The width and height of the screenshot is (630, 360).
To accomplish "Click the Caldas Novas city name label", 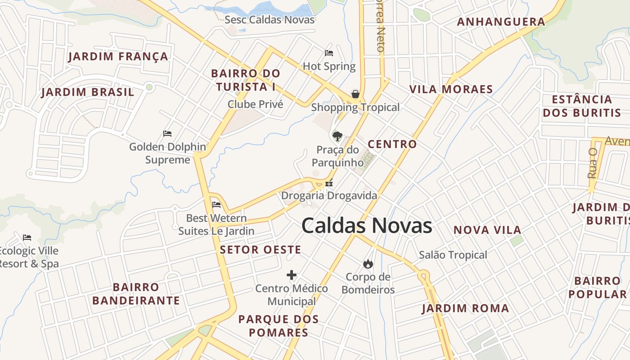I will pos(367,225).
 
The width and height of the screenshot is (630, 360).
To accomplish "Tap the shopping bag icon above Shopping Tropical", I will pos(355,94).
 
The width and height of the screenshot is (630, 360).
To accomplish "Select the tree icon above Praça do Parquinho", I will pos(337,136).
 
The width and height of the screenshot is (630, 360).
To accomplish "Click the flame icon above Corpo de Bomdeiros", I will pos(368,264).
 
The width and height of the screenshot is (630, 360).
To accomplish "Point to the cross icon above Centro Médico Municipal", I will pos(292,275).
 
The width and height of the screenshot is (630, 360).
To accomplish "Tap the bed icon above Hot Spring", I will pos(329,53).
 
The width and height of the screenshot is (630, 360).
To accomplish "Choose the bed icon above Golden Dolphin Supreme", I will pos(167,134).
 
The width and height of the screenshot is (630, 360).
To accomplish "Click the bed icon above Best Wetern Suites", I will pos(216,205).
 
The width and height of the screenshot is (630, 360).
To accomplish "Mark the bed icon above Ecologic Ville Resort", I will pos(27,237).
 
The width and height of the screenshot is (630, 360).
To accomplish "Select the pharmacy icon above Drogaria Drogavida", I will pos(329,183).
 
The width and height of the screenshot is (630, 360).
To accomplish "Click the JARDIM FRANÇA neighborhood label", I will pos(118,57).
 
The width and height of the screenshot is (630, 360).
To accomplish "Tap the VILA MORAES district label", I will pos(451,89).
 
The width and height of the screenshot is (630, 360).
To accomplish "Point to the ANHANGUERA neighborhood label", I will pos(501,22).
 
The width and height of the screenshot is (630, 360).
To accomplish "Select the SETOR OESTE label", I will pos(261,250).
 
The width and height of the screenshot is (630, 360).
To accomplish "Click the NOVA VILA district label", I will pos(487,230).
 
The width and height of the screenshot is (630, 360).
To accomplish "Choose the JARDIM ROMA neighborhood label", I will pos(465,308).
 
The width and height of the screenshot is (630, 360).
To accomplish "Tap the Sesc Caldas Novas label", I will pos(270,20).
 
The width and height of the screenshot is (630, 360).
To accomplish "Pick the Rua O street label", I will pos(592,163).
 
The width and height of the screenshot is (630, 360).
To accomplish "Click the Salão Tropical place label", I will pos(453,255).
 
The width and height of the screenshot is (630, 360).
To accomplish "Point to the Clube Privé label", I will pos(256,104).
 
